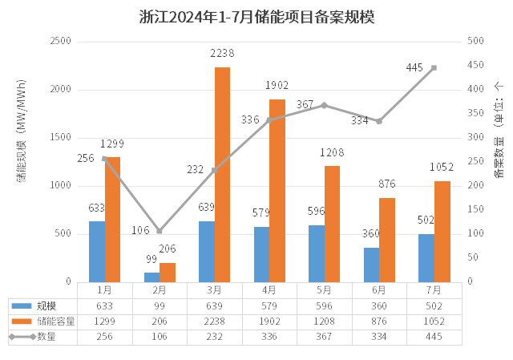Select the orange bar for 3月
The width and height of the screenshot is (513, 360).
222,174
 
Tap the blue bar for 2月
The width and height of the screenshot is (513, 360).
151,277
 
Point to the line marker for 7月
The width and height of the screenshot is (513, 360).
434,67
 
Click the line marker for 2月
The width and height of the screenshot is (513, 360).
160,231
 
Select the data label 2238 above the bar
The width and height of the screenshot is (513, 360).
222,55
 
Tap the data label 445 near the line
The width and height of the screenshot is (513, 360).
415,68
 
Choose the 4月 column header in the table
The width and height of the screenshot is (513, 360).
269,290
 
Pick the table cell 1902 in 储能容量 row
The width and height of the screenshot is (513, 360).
269,322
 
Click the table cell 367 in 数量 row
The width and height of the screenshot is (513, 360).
325,337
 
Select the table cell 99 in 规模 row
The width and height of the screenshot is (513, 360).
160,306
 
